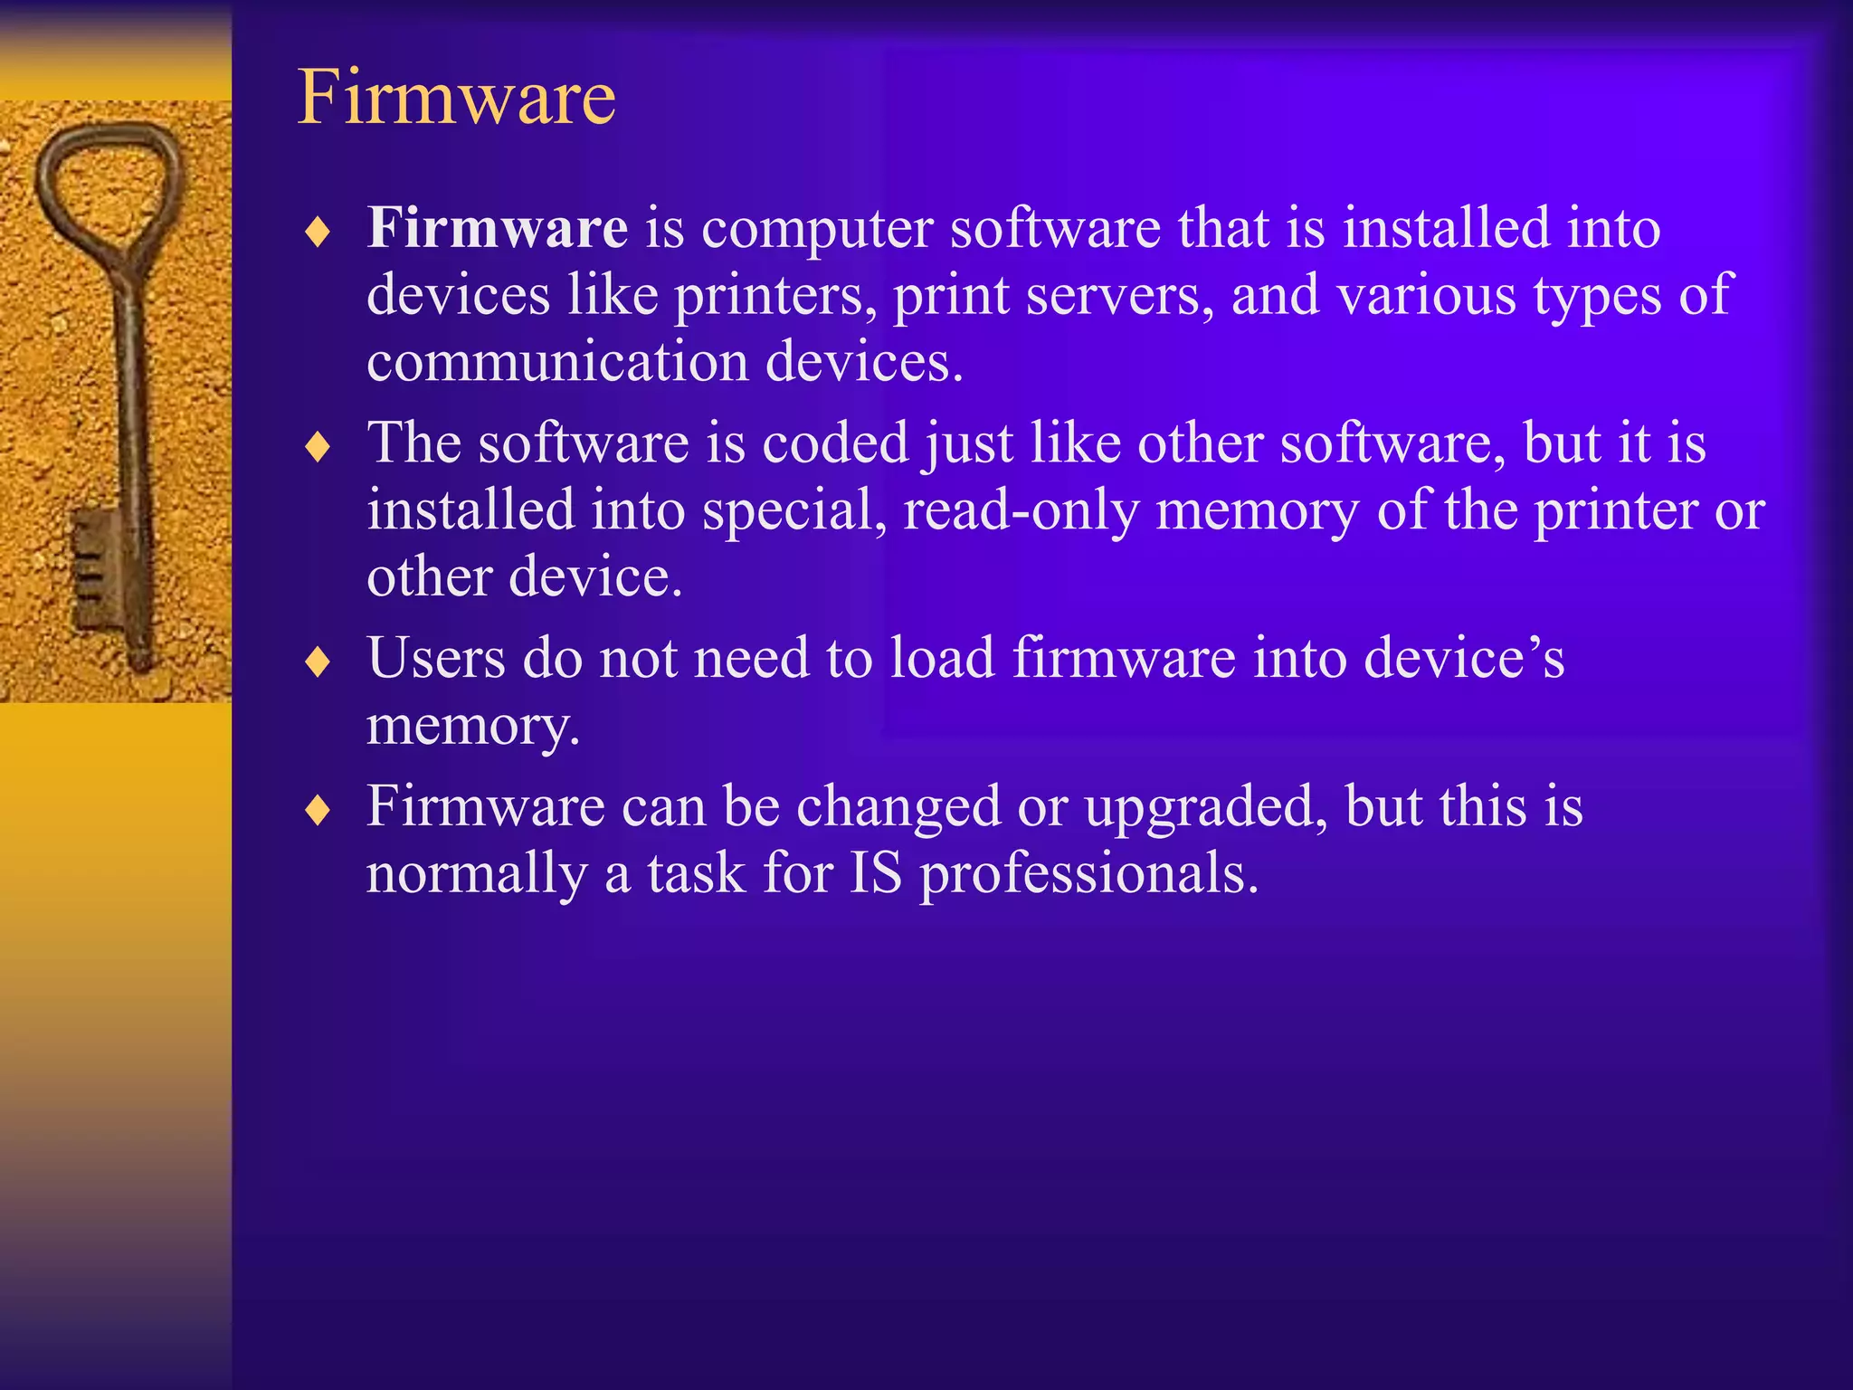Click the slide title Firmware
click(456, 97)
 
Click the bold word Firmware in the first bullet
click(497, 227)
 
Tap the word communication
click(557, 362)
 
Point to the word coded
click(835, 443)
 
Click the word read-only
click(1021, 510)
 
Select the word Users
click(435, 658)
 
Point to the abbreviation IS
click(875, 873)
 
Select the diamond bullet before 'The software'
click(318, 446)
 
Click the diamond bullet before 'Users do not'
click(318, 662)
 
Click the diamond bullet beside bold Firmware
click(318, 232)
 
